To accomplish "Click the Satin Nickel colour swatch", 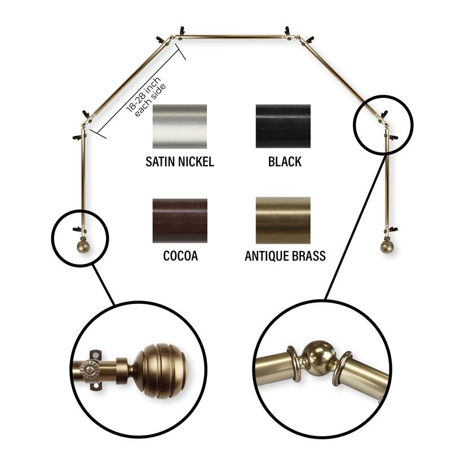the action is click(x=180, y=126).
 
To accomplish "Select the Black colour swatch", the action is click(x=283, y=126).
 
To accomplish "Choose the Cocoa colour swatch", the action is click(x=180, y=220).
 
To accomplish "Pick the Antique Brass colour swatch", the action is click(x=283, y=220).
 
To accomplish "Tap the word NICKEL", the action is click(x=196, y=162).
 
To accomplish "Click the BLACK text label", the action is click(x=285, y=162).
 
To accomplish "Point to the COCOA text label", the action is click(x=180, y=256).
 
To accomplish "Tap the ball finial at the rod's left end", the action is click(x=82, y=247).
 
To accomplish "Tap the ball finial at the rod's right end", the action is click(x=387, y=247).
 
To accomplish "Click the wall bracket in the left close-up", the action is click(x=95, y=371).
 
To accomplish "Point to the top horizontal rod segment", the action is click(x=233, y=37).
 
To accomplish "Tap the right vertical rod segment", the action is click(x=387, y=178).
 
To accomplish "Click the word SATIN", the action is click(x=161, y=162).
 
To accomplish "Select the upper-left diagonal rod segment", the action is click(x=126, y=81).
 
